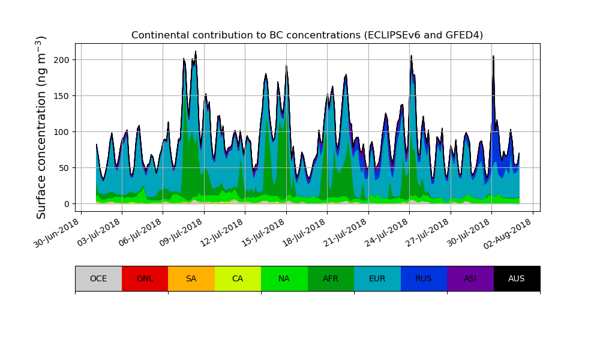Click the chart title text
[x=307, y=35]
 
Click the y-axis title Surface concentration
[x=41, y=127]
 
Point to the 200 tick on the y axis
[x=62, y=60]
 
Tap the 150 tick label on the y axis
[x=62, y=96]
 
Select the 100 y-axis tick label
[x=62, y=132]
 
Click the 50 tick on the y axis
[x=65, y=168]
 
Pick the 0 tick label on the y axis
[x=67, y=204]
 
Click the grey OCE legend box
[x=98, y=278]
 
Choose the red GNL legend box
[x=145, y=278]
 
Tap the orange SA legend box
[x=191, y=278]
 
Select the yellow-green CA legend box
[x=238, y=278]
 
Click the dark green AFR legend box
[x=331, y=278]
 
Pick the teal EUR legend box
[x=377, y=278]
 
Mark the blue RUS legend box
[x=424, y=278]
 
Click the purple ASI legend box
[x=470, y=278]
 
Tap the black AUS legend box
[x=517, y=278]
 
